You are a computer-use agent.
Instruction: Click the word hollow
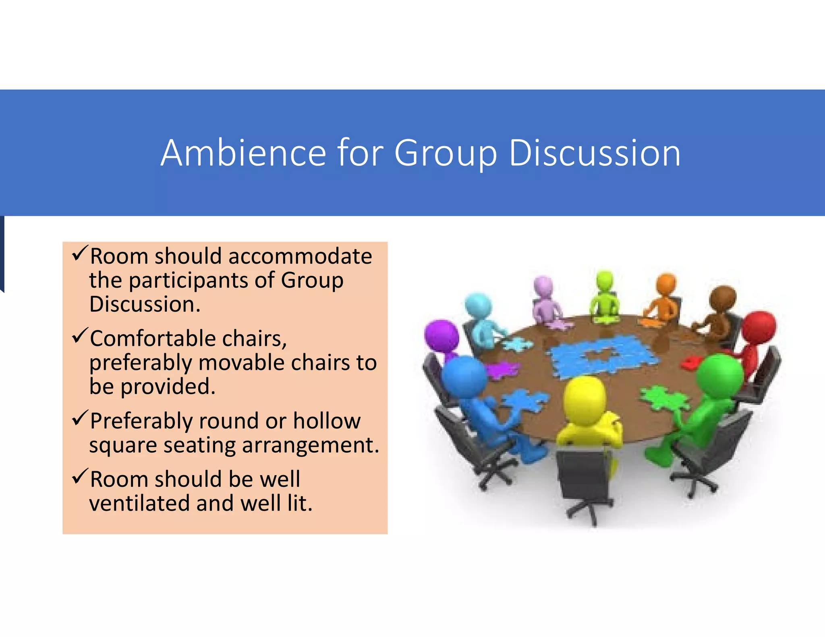pos(327,421)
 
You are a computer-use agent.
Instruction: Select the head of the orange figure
pos(665,284)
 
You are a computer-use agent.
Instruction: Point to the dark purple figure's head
pos(442,335)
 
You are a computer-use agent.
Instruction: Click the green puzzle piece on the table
pos(663,397)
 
